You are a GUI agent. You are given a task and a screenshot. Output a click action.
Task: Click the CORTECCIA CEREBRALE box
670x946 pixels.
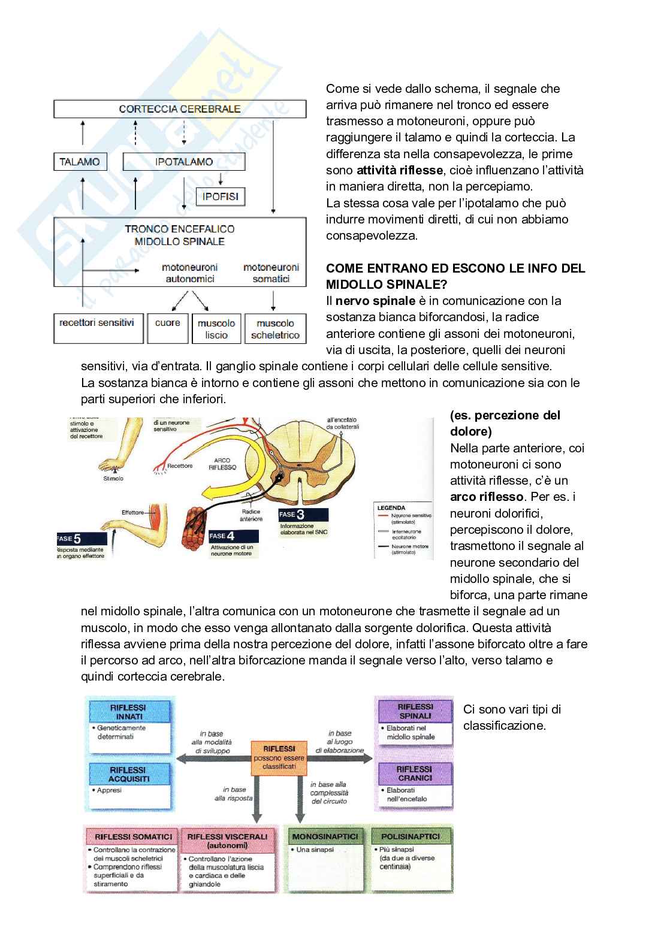coord(180,109)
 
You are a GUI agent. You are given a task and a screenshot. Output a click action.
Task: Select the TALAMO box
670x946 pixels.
coord(80,162)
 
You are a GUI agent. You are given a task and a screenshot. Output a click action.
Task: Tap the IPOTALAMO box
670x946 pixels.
coord(184,162)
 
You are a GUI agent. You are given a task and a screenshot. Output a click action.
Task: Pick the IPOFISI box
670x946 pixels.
coord(221,197)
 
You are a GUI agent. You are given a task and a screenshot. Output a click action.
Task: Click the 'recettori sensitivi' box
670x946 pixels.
coord(98,328)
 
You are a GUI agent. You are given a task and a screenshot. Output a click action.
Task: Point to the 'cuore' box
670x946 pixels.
coord(168,328)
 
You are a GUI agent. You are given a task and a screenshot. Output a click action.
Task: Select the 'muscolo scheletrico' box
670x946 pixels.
coord(275,329)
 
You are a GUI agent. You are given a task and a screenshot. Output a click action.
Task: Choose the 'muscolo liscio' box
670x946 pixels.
coord(216,329)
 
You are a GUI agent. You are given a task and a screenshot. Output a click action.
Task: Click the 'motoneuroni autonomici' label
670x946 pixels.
coord(190,273)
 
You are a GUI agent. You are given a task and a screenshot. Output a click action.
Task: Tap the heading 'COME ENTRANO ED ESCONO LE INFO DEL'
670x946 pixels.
coord(455,268)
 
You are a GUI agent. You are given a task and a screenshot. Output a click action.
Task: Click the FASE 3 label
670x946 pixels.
coord(292,515)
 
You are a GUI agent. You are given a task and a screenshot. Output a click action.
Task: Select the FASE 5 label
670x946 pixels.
coord(70,539)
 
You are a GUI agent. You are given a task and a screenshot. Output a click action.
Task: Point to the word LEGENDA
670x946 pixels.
coord(391,508)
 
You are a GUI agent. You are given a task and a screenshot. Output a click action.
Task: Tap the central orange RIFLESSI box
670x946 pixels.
coord(279,757)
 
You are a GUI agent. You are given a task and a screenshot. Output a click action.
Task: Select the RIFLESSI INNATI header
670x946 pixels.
coord(129,712)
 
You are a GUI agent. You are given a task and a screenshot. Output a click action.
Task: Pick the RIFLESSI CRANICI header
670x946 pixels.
coord(414,773)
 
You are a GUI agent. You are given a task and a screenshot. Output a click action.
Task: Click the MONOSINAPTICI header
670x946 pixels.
coord(325,836)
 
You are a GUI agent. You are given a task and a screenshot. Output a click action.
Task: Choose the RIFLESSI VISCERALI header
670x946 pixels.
coord(227,841)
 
